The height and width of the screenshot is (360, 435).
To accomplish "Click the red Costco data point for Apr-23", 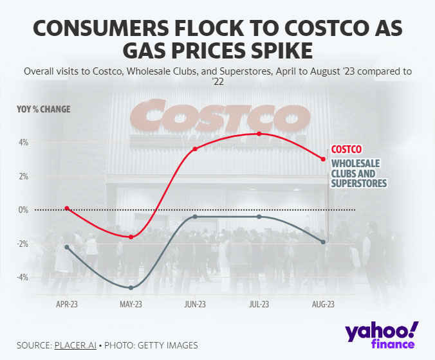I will [67, 208].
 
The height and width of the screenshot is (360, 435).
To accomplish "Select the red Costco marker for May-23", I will [131, 237].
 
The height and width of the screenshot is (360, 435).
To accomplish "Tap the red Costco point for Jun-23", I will [195, 148].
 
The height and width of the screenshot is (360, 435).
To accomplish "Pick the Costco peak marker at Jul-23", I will [259, 134].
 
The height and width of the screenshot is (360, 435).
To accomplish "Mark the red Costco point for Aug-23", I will [323, 159].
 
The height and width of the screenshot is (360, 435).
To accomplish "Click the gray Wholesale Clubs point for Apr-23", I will [67, 247].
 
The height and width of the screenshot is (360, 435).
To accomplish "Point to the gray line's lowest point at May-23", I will [131, 287].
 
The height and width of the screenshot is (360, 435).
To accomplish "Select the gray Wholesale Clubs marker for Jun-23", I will [195, 217].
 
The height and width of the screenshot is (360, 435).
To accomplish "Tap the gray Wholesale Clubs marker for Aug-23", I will [323, 242].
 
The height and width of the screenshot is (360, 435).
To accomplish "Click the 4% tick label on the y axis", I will [24, 142].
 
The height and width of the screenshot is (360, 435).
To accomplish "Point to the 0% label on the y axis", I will [24, 210].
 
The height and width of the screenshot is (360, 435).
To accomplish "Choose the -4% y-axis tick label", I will [23, 277].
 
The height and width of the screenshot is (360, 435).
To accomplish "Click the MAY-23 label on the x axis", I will [131, 304].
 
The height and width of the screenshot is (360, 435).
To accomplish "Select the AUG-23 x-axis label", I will [323, 304].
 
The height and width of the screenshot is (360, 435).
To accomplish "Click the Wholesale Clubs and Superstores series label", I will [359, 173].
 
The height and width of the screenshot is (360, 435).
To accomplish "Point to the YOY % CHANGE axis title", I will [44, 109].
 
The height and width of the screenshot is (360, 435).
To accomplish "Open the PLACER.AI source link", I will [75, 345].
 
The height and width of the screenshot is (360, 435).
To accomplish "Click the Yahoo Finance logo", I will [382, 336].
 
